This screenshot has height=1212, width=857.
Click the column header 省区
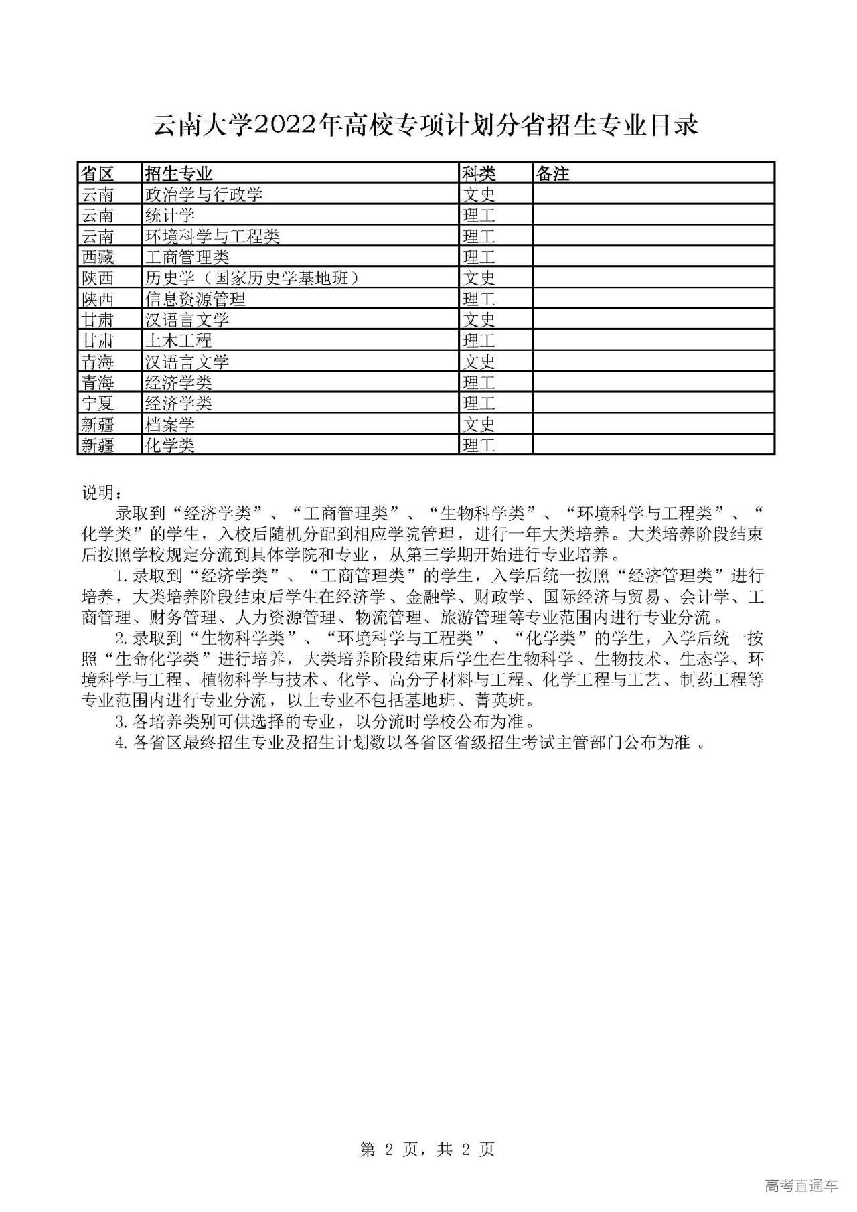pos(98,174)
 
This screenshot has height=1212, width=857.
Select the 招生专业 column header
pos(179,174)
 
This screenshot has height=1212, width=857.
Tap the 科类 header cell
pos(479,174)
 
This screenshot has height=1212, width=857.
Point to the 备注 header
pos(553,174)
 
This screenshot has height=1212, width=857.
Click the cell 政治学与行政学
pos(204,195)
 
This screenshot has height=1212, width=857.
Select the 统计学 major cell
pos(170,216)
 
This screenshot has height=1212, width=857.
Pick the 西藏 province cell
pos(98,257)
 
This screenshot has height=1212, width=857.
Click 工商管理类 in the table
pos(187,257)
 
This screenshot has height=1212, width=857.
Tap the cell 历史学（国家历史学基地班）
pos(252,278)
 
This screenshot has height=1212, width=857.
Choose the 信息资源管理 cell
pos(196,299)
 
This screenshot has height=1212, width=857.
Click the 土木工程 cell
pos(179,341)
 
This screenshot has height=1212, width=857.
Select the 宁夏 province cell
pos(98,403)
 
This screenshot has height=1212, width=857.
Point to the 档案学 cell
pos(170,424)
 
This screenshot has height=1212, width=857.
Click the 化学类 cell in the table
pos(170,445)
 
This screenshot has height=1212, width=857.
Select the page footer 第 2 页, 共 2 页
pos(427,1150)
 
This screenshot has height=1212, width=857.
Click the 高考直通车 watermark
pos(801,1186)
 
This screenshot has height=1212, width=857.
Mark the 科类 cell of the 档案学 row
pos(479,424)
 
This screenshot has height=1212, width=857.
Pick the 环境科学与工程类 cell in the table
pos(213,236)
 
